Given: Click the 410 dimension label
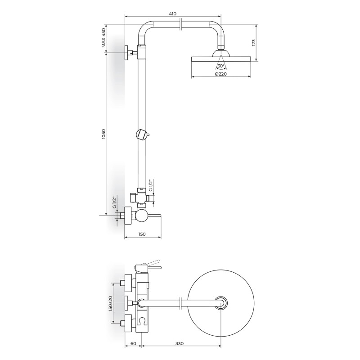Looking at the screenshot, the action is point(173,14).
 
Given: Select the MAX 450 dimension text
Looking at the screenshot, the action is point(104,38).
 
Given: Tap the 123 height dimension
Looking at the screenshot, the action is point(253,43).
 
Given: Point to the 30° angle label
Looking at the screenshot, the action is point(221,66).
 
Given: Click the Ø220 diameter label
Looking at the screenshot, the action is point(220,74).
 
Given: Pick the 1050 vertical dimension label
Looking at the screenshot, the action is point(103,134).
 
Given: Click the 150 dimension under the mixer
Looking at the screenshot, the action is point(142,234).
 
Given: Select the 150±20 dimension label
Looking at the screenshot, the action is point(110,303).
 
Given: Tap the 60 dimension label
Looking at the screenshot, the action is point(133,344).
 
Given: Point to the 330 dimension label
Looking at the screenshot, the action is point(180,344).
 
